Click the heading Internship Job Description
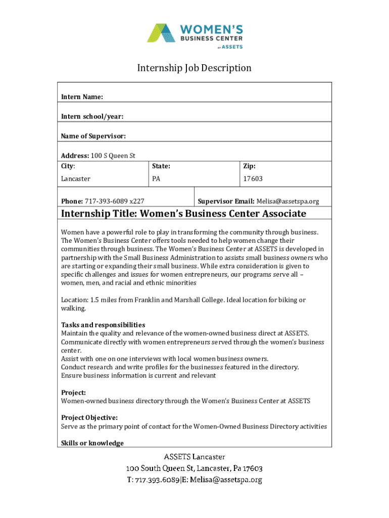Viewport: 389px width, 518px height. pos(194,68)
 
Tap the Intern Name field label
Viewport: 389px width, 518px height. pos(82,97)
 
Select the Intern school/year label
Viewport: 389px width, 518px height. pos(92,116)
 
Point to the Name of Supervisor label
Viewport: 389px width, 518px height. pos(93,136)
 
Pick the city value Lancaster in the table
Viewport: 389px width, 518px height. pos(76,179)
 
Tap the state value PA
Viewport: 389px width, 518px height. pos(156,179)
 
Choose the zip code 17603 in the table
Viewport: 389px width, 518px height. pos(253,179)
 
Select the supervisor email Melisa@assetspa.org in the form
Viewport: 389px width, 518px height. pos(288,201)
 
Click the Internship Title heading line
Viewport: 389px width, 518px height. pos(183,213)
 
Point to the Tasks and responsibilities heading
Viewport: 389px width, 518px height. pos(103,325)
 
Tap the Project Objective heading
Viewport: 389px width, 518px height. pos(89,417)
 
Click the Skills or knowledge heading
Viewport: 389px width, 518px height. pos(92,443)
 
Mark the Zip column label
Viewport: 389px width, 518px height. pos(249,166)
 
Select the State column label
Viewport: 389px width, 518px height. pos(161,166)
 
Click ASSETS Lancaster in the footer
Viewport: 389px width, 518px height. pos(194,457)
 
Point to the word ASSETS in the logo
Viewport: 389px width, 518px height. pos(233,47)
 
